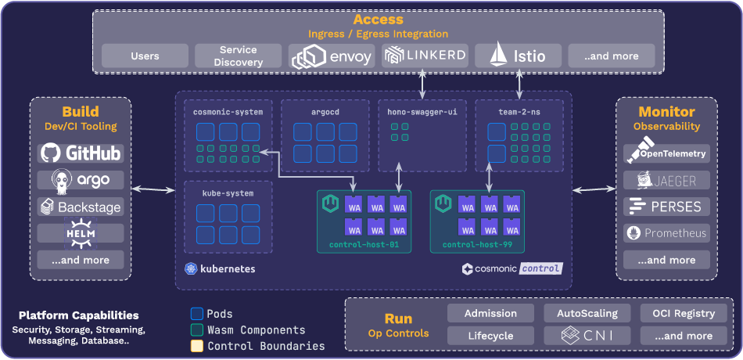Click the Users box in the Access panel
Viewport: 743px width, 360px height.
pos(145,56)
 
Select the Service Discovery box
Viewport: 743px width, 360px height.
pos(238,56)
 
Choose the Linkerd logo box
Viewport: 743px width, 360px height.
pos(425,56)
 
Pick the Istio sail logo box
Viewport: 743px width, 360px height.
pos(518,56)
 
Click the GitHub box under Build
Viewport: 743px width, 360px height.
pos(81,153)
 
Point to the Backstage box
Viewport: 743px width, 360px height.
pos(81,207)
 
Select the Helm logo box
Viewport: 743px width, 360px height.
pos(81,233)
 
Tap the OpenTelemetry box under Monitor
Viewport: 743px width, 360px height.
pos(667,153)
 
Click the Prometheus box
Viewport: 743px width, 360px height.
pos(667,232)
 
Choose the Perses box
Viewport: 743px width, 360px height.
pos(667,207)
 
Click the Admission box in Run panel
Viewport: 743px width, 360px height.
pos(490,313)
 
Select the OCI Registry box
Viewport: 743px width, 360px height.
pos(677,313)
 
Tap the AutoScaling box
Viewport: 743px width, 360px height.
pos(587,313)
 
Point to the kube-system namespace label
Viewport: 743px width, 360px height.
pos(228,193)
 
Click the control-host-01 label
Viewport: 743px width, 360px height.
pos(364,245)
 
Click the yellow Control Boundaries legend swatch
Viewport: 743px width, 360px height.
pos(197,346)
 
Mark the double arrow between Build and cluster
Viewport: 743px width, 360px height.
pos(153,189)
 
